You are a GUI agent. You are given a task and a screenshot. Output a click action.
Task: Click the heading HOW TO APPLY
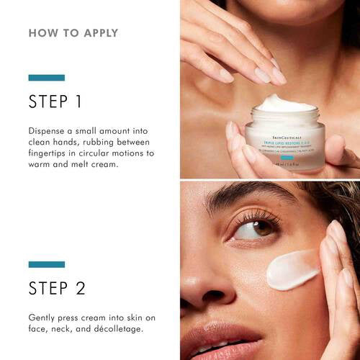[73, 33]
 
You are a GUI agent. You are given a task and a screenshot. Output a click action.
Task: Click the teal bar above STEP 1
[47, 78]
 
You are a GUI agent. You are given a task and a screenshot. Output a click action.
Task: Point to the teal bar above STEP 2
[47, 265]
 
